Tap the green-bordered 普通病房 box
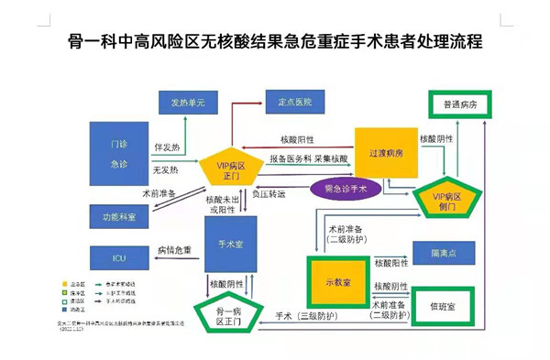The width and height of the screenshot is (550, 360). pyautogui.click(x=462, y=104)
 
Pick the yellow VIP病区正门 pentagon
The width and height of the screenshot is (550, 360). pyautogui.click(x=225, y=166)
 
